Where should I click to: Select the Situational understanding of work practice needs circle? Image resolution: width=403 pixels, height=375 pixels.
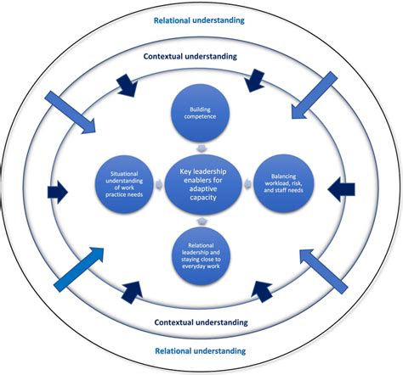click(x=126, y=182)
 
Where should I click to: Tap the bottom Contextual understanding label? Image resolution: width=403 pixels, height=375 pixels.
click(x=201, y=322)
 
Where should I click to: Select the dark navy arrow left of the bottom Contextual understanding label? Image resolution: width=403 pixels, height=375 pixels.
click(x=133, y=291)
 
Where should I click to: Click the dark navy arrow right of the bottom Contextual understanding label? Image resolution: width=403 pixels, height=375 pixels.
click(x=261, y=290)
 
